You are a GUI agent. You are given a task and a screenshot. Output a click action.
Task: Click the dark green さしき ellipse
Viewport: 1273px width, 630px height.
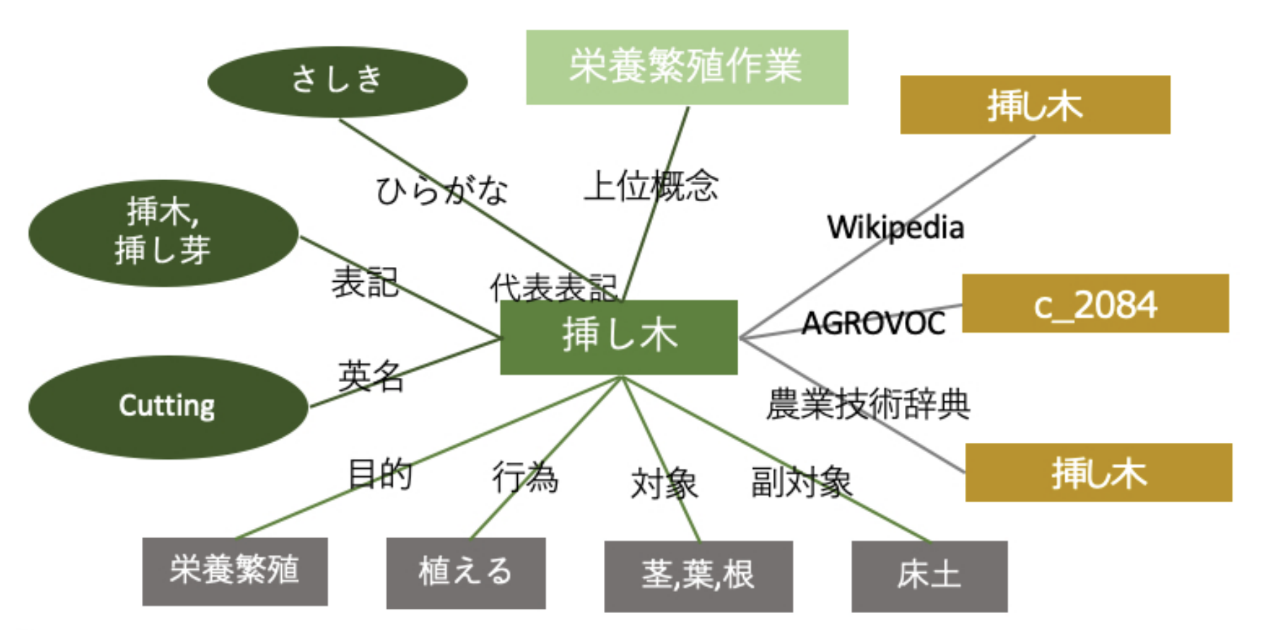(x=337, y=81)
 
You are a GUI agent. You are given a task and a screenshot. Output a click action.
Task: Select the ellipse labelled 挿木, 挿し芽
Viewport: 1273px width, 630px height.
(x=163, y=233)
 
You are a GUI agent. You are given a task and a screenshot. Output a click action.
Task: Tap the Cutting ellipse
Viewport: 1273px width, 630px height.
(x=168, y=407)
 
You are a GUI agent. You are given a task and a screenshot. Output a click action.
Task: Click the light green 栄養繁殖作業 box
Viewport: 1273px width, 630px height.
(x=687, y=67)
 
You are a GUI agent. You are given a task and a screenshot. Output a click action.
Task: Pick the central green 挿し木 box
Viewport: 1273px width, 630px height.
(x=619, y=337)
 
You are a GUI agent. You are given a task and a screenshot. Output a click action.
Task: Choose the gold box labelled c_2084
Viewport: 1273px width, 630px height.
(x=1095, y=304)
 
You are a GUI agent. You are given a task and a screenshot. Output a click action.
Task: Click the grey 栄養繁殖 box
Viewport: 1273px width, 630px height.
(x=235, y=571)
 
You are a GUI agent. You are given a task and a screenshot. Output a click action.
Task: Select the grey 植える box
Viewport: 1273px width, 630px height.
(x=466, y=573)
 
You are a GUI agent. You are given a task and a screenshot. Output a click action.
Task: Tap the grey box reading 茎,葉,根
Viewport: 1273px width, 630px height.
(x=698, y=576)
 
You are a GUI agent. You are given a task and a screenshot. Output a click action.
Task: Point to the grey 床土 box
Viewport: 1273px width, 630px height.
(x=929, y=576)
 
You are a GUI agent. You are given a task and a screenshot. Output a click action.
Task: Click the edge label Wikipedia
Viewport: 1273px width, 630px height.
(x=895, y=227)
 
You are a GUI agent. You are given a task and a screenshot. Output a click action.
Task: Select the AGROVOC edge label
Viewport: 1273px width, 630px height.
(x=873, y=323)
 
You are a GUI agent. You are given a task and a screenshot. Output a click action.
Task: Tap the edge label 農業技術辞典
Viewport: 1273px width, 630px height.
(x=868, y=405)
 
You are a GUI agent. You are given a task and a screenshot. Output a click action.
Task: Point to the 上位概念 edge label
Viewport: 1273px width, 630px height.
(x=651, y=186)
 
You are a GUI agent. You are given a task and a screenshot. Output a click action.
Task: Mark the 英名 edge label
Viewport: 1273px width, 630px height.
(x=370, y=376)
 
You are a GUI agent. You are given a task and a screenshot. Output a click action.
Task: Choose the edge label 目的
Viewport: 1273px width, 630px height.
(x=380, y=474)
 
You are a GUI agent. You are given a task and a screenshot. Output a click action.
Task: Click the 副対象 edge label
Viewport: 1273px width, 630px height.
(x=801, y=482)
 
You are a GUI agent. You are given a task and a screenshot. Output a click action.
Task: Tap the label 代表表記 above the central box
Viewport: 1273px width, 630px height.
(x=553, y=287)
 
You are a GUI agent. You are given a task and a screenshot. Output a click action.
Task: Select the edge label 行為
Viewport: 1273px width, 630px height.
(x=525, y=477)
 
